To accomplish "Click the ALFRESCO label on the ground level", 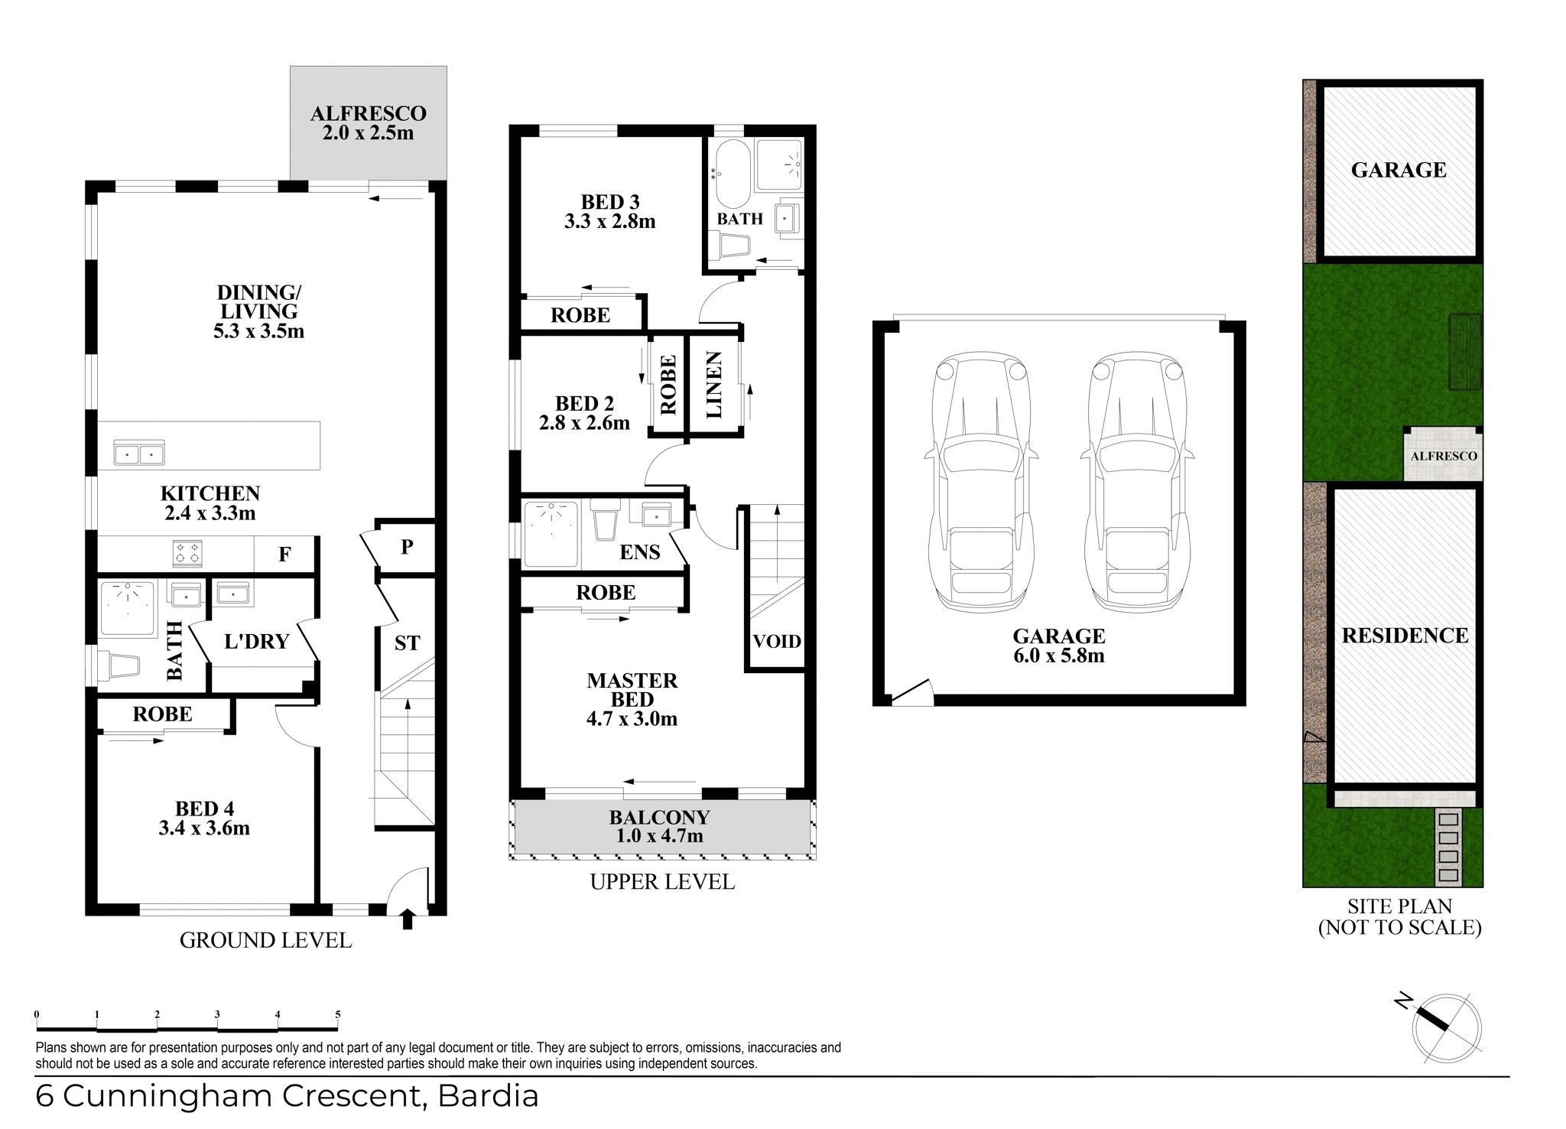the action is point(368,114).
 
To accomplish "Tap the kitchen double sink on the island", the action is point(138,453).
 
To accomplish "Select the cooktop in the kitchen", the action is point(188,553).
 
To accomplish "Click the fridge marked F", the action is point(284,554).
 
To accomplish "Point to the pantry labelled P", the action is point(407,547).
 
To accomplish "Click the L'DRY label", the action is point(257,641).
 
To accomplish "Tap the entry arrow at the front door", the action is point(407,918).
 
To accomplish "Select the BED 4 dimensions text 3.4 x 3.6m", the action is point(205,828).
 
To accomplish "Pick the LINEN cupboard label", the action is point(714,385).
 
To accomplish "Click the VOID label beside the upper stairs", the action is point(777,641).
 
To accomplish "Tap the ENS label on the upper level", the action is point(640,551).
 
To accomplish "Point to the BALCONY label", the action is point(659,817).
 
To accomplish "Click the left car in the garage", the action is point(982,482).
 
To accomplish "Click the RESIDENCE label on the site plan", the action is point(1405,636).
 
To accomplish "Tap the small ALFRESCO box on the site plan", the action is point(1443,454).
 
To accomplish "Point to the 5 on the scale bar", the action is point(337,1015).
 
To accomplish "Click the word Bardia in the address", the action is point(488,1096).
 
